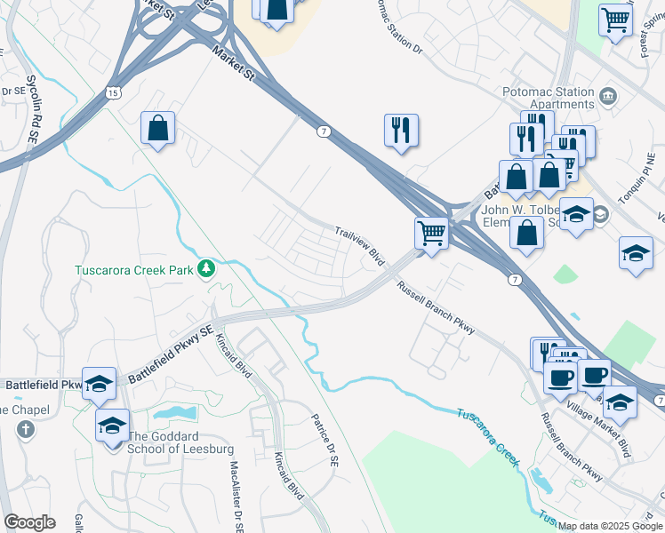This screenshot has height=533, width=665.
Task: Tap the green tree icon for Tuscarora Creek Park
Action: [x=206, y=267]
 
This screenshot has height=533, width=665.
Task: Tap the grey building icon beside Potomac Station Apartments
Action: [x=608, y=95]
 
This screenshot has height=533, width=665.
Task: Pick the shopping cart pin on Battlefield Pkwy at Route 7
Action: [x=431, y=235]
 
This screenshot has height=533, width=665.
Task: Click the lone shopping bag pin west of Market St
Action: [x=157, y=128]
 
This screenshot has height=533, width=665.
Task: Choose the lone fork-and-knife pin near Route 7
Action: [x=401, y=131]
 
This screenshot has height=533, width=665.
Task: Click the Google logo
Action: [x=29, y=522]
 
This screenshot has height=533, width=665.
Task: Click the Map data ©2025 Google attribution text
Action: [x=610, y=526]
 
